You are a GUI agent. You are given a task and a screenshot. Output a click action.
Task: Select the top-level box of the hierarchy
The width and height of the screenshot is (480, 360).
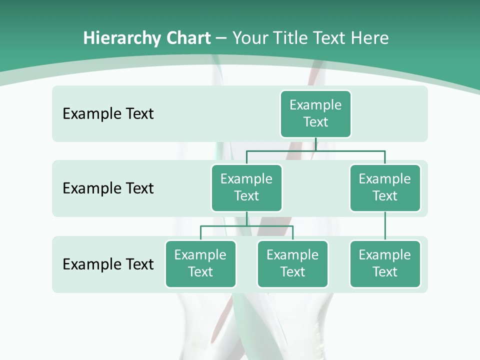(315, 113)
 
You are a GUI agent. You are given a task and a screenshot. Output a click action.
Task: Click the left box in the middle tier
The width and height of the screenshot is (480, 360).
(246, 187)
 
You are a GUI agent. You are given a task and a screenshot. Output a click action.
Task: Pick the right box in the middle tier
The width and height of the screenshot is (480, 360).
(385, 187)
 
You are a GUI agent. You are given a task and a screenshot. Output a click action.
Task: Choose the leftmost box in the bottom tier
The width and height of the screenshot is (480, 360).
(200, 263)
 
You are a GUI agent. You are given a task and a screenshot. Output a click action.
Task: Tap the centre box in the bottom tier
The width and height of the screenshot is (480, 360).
(292, 263)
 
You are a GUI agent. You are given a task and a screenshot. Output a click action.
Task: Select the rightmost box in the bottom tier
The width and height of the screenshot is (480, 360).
(385, 263)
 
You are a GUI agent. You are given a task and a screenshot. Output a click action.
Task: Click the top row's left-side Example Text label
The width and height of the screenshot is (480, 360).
(108, 113)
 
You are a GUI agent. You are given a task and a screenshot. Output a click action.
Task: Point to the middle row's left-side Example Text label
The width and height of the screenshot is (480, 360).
(108, 188)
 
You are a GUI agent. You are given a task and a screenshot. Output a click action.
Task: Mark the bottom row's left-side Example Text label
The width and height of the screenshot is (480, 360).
(108, 264)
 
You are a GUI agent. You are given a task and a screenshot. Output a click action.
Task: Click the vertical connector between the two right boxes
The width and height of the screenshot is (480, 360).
(385, 226)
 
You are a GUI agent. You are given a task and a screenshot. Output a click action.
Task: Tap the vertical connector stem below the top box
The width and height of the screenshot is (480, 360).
(315, 144)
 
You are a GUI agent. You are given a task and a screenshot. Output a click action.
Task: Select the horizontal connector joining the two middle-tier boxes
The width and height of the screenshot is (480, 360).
(315, 150)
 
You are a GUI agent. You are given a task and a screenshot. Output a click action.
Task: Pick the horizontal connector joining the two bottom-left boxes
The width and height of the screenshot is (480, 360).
(246, 226)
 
